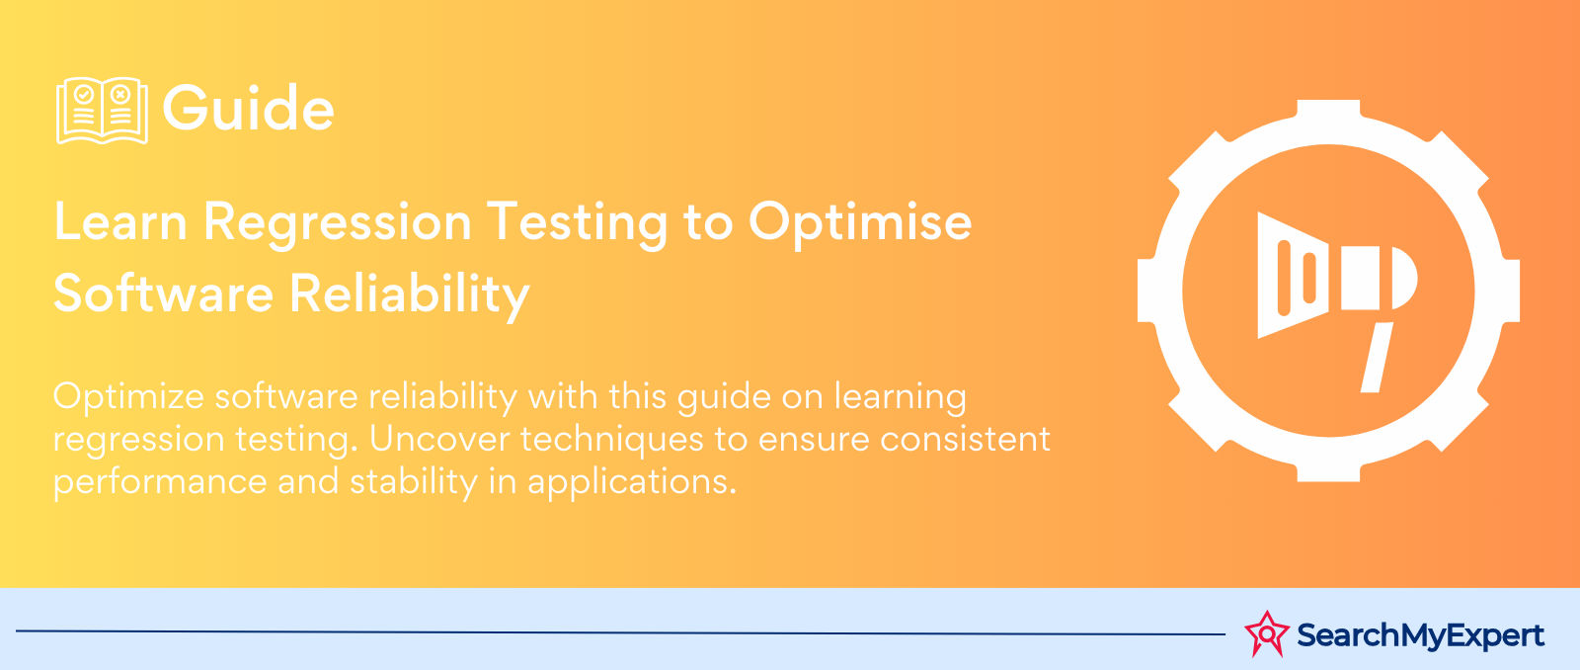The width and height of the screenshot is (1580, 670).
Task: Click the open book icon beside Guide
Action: pos(103,110)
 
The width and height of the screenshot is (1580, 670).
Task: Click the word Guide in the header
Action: pos(248,108)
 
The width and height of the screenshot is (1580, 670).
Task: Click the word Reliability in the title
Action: pos(410,296)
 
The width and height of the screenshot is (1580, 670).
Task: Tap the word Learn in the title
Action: pos(120,221)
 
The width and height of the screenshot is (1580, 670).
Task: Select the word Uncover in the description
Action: pos(438,439)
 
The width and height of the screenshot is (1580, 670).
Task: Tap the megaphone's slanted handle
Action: pos(1377,358)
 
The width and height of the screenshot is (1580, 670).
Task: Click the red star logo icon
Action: pos(1267,633)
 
